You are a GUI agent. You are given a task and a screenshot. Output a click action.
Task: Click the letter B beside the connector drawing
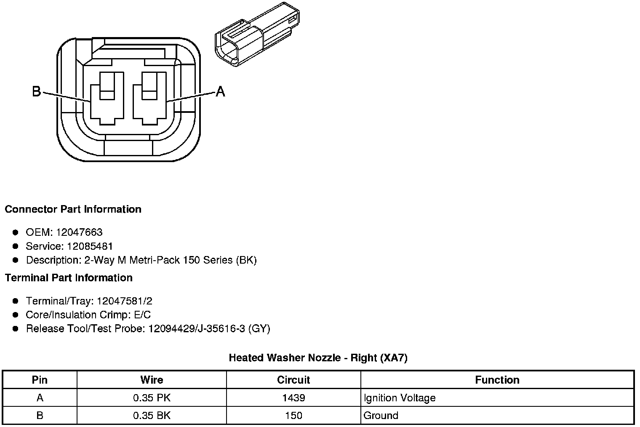click(37, 91)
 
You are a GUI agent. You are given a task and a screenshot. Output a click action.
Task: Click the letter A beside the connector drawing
click(220, 91)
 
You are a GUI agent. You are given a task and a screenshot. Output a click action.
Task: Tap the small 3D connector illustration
click(257, 34)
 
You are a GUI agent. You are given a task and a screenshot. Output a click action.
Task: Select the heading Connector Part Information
click(73, 209)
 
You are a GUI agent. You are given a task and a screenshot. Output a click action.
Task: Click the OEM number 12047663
click(79, 232)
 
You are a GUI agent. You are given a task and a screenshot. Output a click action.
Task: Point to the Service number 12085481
click(90, 246)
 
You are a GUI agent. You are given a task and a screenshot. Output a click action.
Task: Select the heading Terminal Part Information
click(69, 278)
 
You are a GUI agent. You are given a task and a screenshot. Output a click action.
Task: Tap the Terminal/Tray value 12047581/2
click(125, 301)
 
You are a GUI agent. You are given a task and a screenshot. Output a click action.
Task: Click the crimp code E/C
click(142, 315)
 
